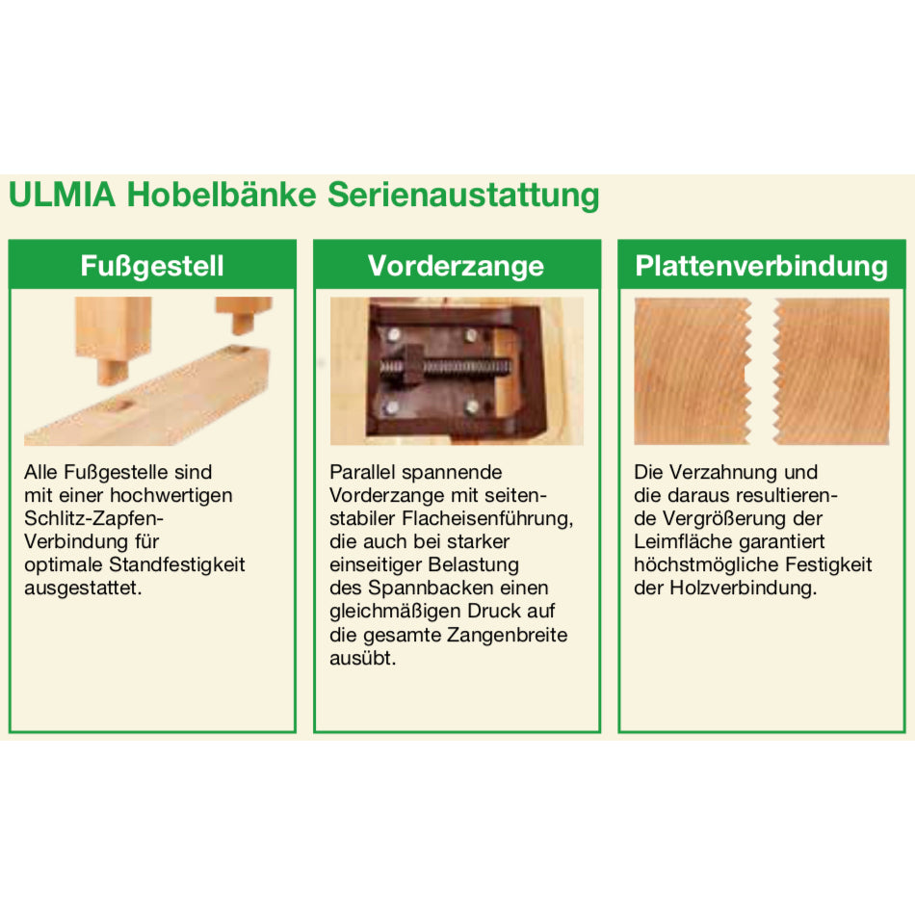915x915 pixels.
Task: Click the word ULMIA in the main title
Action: point(63,195)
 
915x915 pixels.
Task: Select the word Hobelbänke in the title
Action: point(222,195)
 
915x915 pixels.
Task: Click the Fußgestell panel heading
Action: point(152,266)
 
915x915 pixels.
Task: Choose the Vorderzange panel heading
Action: point(457,266)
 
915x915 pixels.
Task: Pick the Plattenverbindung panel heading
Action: point(762,266)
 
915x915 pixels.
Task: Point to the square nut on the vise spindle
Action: point(411,365)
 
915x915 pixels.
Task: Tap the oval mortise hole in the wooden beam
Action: point(120,405)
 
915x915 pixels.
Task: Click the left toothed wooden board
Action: point(693,371)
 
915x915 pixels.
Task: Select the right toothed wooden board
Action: point(831,371)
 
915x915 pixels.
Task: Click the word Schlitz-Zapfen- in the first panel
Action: point(94,518)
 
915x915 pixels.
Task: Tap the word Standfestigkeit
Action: point(177,564)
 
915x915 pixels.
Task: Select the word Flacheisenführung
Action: point(486,519)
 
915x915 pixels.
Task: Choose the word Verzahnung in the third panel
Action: point(723,472)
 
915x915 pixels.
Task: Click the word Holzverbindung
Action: point(743,588)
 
